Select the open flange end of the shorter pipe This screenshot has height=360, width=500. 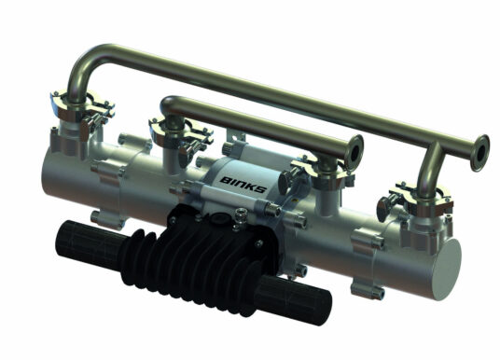pos(355,147)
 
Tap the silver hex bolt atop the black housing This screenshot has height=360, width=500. pos(242,217)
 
